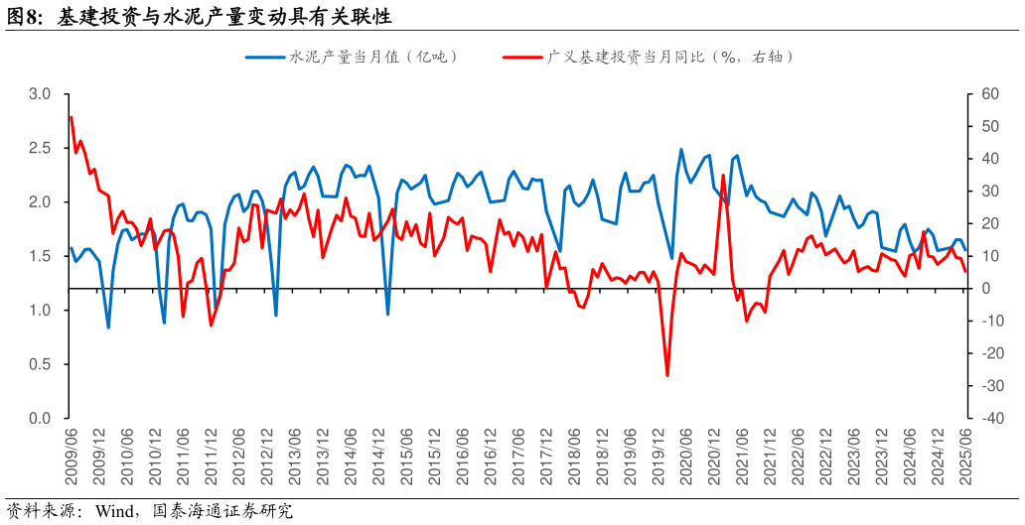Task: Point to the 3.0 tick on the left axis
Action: coord(40,94)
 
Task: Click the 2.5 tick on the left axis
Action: coord(40,148)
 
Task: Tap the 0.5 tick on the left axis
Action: coord(40,364)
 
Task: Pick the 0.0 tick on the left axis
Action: coord(40,419)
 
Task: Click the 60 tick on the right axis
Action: coord(988,94)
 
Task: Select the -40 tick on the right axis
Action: coord(988,419)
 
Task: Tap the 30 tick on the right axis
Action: coord(988,192)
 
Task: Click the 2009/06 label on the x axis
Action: coord(72,458)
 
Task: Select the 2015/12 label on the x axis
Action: coord(435,458)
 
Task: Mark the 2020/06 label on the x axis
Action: coord(686,458)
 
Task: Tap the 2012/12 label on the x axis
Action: coord(267,458)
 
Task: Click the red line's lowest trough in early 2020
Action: coord(667,375)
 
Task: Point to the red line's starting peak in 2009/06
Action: coord(72,118)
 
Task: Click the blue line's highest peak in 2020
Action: coord(681,150)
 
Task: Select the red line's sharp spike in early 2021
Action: coord(723,176)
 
